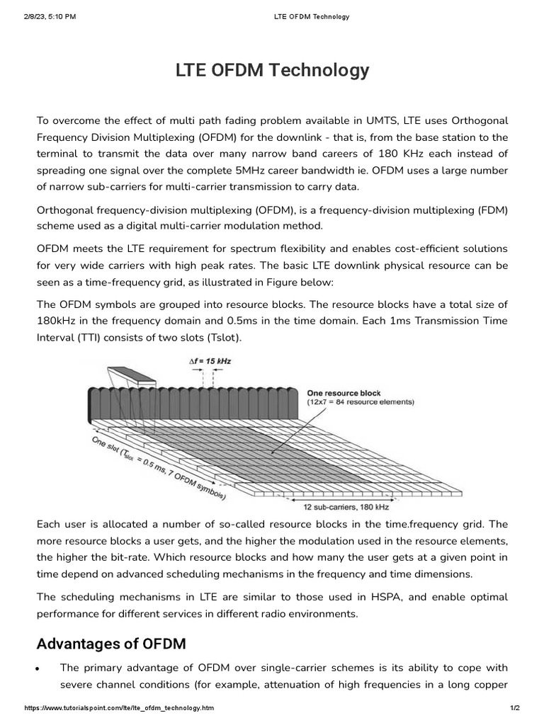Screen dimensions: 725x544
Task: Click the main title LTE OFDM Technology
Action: click(x=272, y=71)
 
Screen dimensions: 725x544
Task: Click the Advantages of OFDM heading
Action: click(x=111, y=644)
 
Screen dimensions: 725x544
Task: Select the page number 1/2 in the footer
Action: click(x=515, y=708)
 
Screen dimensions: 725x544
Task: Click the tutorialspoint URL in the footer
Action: click(x=119, y=708)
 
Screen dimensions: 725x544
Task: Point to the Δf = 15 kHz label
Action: click(x=210, y=361)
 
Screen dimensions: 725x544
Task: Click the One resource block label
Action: click(x=344, y=393)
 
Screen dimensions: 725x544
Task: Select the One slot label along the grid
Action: click(x=106, y=444)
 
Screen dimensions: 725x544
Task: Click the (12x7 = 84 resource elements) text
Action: click(x=361, y=402)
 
